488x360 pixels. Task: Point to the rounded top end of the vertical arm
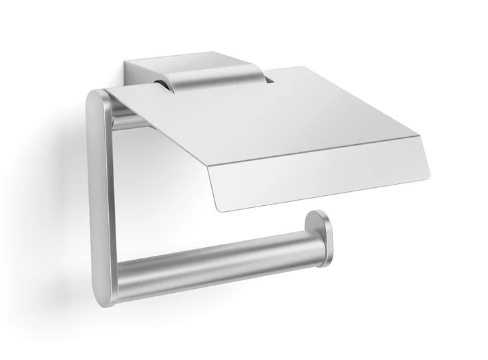(98, 100)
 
